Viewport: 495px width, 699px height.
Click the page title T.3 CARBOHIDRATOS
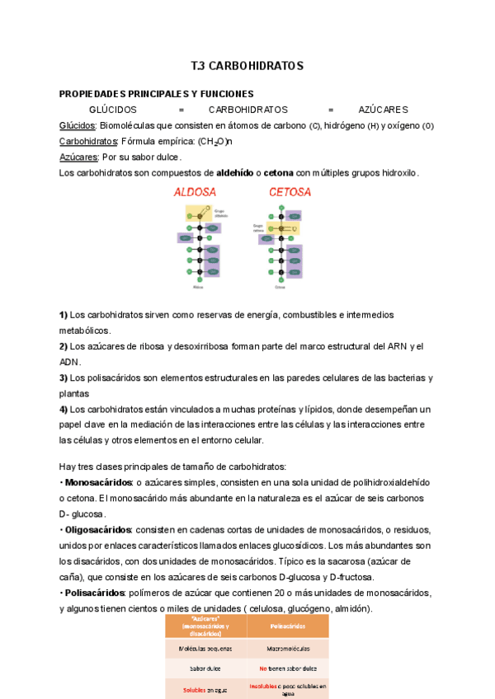click(x=247, y=65)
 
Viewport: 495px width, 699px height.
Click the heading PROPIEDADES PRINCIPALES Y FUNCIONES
click(x=156, y=94)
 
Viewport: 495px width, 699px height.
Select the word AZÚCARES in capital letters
click(x=383, y=110)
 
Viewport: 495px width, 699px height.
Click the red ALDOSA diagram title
click(x=195, y=192)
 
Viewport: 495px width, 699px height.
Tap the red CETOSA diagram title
click(x=290, y=192)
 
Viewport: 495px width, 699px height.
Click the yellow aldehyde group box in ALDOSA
click(x=198, y=213)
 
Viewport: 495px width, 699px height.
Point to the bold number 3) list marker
click(x=64, y=378)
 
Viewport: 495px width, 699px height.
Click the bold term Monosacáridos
click(x=98, y=481)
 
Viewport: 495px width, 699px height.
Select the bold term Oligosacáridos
click(x=98, y=529)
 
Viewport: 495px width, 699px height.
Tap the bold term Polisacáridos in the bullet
click(x=95, y=593)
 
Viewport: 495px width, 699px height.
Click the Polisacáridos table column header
click(x=288, y=626)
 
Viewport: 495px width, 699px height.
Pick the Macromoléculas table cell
click(x=288, y=650)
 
